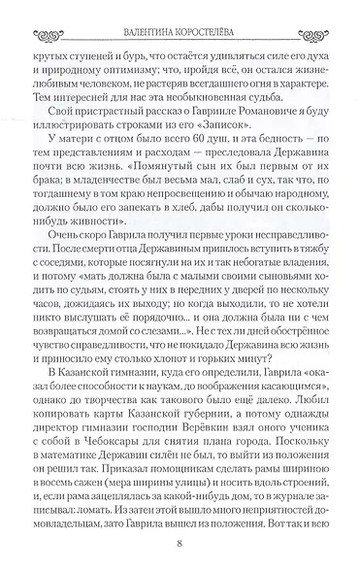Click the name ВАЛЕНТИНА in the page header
tap(148, 15)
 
